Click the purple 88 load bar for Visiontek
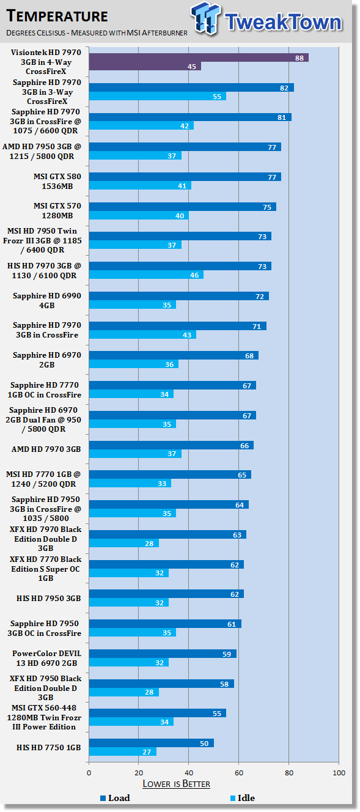point(199,57)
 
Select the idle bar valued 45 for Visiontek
point(145,66)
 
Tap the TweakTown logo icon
point(205,18)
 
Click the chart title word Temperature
point(57,17)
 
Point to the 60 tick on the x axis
point(239,772)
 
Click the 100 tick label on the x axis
point(339,772)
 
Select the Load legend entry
point(115,798)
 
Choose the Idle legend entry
point(243,798)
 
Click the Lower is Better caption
point(176,784)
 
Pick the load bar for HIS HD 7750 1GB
point(152,743)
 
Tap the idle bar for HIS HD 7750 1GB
point(123,752)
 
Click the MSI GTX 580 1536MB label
point(57,181)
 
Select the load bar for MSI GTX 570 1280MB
point(183,207)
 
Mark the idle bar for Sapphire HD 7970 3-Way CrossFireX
point(158,96)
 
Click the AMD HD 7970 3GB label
point(46,449)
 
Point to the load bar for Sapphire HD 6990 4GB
point(179,296)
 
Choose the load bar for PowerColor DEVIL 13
point(163,654)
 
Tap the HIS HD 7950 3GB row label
point(48,598)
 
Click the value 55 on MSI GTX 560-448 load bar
point(217,714)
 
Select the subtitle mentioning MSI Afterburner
point(97,32)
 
